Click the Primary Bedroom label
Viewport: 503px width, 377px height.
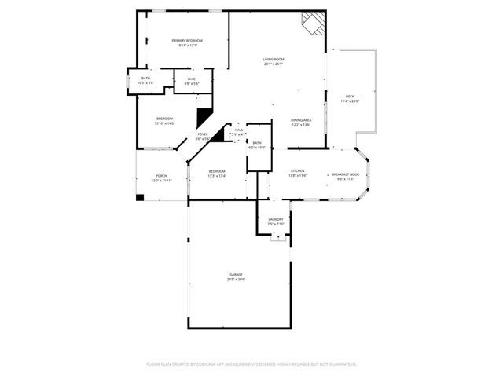[187, 40]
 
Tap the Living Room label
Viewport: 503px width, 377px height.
[273, 59]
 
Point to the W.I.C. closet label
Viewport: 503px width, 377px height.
[191, 79]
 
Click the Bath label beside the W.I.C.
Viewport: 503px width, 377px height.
[145, 78]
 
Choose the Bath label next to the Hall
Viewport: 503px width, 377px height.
[257, 142]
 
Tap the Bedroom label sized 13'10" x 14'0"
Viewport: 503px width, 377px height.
[164, 118]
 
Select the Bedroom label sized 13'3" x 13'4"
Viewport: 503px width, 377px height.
[216, 170]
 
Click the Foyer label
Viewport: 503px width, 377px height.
[203, 134]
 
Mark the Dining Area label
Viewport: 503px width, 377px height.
[301, 119]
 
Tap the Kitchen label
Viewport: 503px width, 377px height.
[298, 170]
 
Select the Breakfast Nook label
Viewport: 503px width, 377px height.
[346, 174]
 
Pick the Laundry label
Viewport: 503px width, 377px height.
[275, 219]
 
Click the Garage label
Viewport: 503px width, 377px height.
[236, 274]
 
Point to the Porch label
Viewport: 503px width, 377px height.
[161, 175]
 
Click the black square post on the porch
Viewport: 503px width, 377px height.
[140, 197]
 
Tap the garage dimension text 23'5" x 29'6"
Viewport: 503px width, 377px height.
[236, 279]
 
